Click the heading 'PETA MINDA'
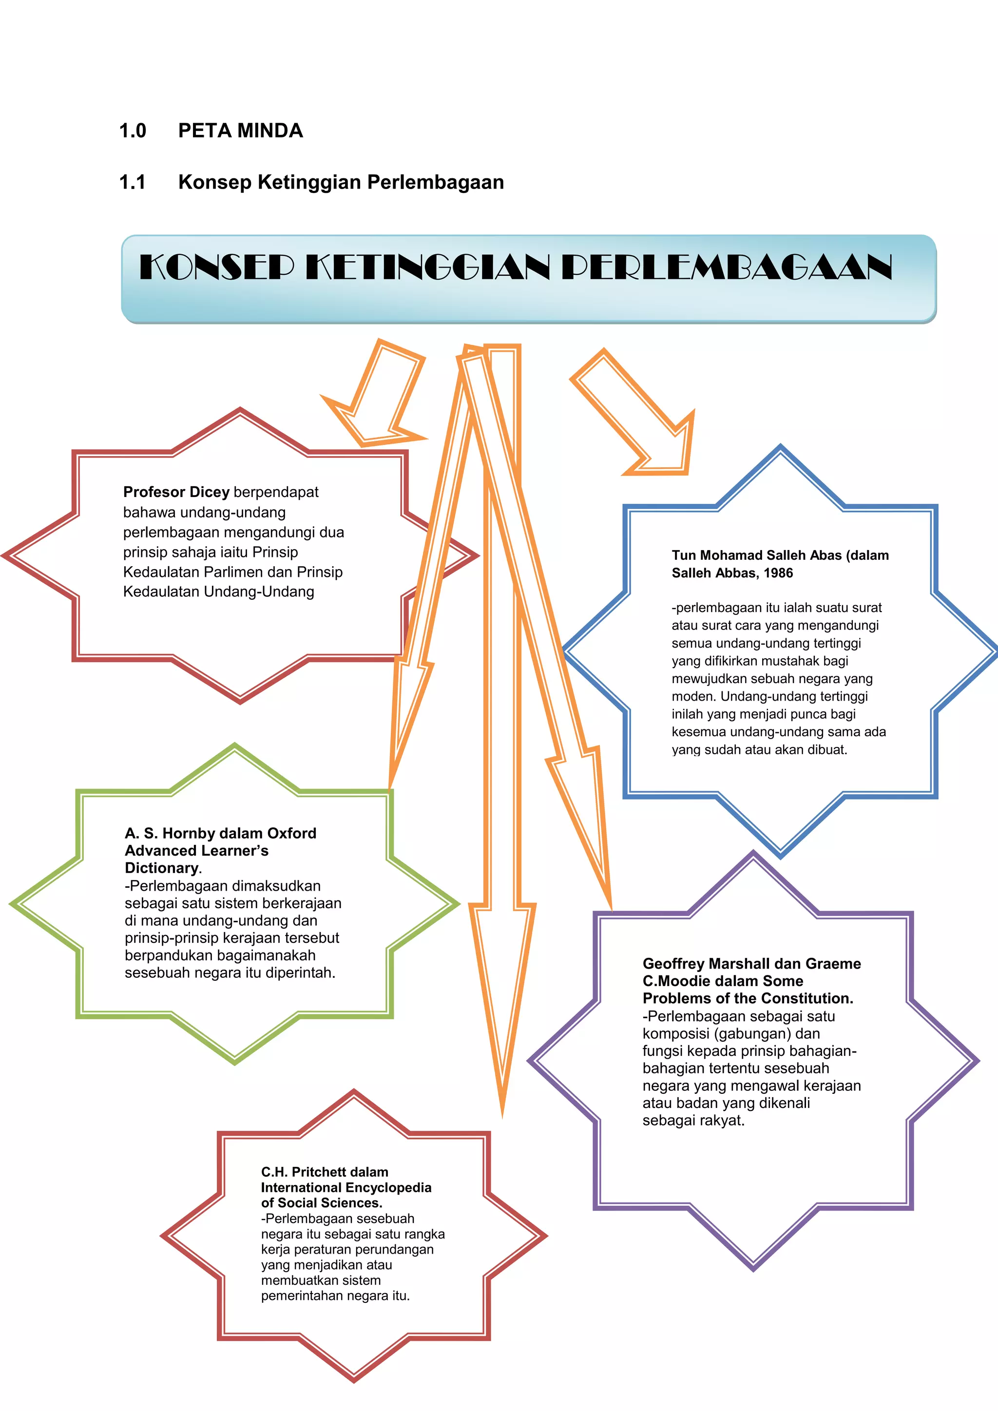point(240,131)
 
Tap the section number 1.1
point(132,183)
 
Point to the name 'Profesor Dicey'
point(176,492)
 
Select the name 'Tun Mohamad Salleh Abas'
point(756,555)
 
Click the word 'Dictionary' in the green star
point(162,868)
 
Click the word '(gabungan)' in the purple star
point(751,1034)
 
